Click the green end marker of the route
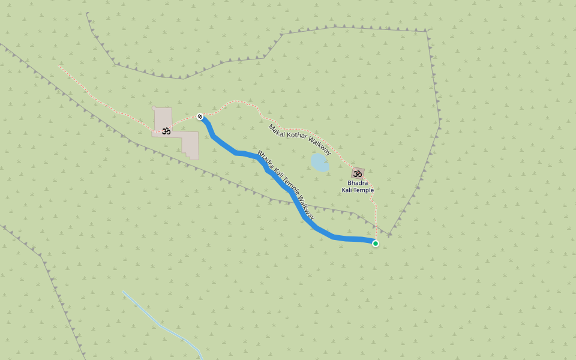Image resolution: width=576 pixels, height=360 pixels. coord(376,243)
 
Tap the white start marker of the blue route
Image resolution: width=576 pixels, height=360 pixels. coord(200,116)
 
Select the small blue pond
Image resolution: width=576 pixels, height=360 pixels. coord(320,162)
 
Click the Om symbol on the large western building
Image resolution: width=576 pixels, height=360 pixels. coord(166,130)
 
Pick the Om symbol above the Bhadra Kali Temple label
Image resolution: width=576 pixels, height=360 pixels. coord(358,173)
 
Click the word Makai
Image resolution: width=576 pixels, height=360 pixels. coord(275,129)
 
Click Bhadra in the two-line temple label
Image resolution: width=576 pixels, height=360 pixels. coord(358,182)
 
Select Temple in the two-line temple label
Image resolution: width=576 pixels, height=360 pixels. coord(364,190)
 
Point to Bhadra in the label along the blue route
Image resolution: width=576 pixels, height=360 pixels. coord(265,159)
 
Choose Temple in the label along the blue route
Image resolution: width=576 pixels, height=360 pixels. coord(290,188)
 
